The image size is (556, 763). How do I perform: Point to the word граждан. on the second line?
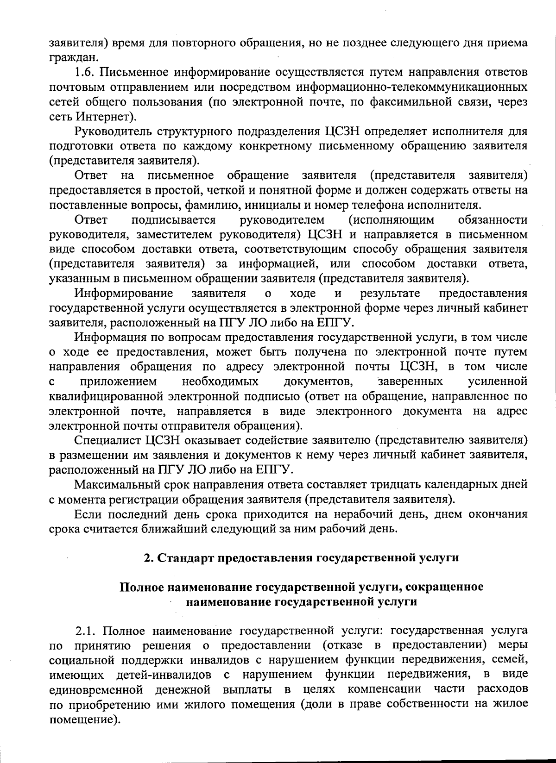point(74,58)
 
